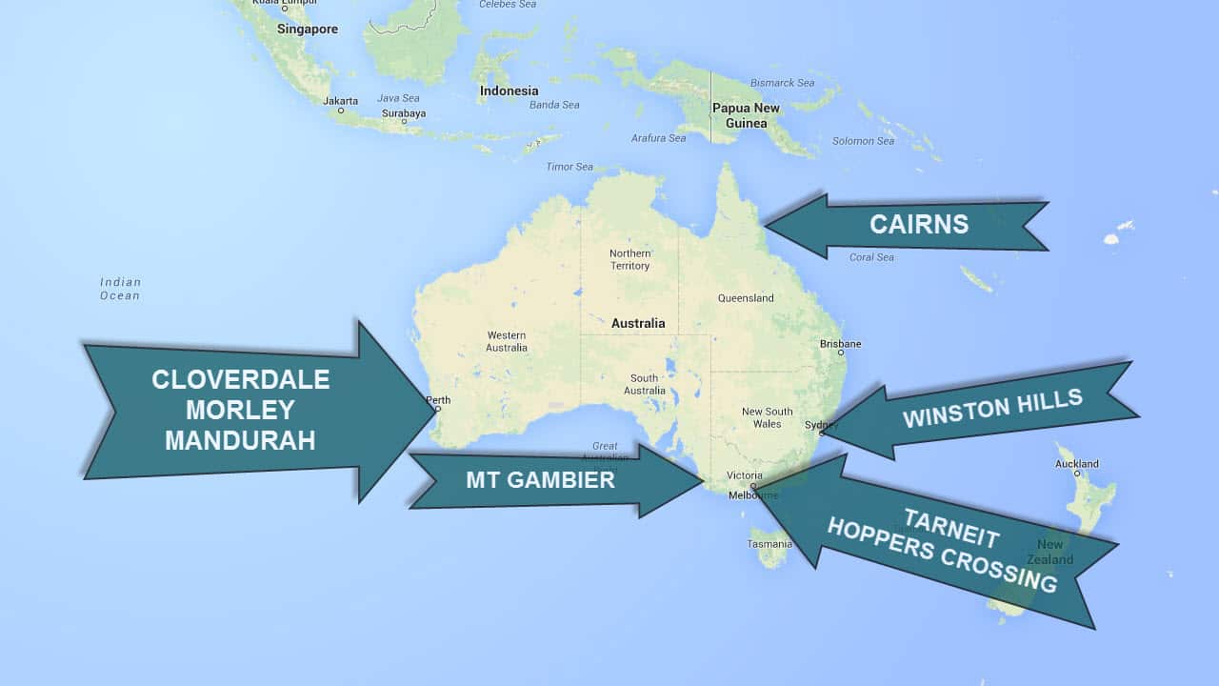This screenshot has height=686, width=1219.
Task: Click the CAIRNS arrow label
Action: coord(919,225)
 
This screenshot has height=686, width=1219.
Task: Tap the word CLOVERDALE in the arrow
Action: coord(241,379)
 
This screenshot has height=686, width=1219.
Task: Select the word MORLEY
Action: coord(240,410)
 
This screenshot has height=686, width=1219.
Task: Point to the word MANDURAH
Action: coord(240,440)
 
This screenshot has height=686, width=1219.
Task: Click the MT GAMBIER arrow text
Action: coord(540,480)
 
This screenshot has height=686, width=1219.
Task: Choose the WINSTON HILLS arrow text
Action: coord(992,409)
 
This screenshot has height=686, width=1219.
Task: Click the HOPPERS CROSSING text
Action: coord(941,555)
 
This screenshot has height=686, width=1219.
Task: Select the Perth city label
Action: coord(439,400)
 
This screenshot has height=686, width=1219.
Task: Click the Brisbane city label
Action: coord(841,344)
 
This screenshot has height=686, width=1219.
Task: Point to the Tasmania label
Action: coord(769,544)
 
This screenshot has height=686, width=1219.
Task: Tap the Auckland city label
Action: coord(1077,464)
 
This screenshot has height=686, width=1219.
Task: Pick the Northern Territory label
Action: coord(630,259)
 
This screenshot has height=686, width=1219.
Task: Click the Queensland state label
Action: coord(746,298)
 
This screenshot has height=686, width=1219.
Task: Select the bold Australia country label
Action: coord(638,323)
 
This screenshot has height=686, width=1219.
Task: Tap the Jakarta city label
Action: coord(341,100)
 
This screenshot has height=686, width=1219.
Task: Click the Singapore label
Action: coord(308,30)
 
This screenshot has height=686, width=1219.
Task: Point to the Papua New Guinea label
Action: coord(746,115)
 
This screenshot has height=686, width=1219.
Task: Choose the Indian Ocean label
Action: coord(120,289)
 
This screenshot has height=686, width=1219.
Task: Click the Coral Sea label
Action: coord(871,257)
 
